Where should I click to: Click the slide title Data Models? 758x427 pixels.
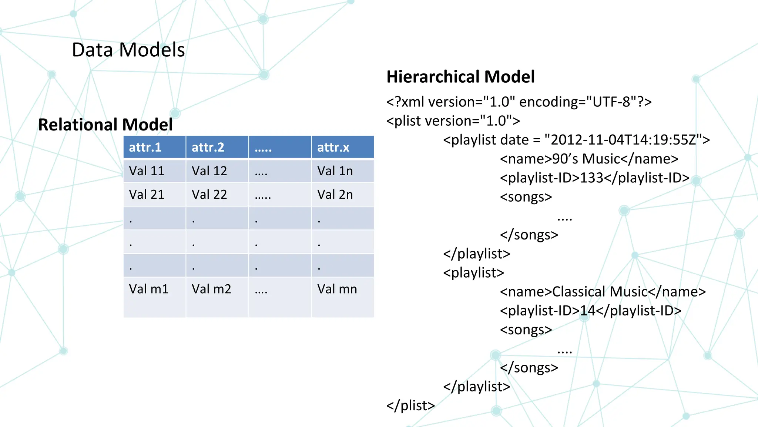pos(128,50)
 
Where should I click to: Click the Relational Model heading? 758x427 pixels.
pos(105,125)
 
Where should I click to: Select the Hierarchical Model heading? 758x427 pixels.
pos(460,77)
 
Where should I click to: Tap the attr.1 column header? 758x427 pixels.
pos(145,148)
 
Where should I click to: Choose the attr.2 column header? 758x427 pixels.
pos(208,148)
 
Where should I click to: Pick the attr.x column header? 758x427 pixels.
pos(333,148)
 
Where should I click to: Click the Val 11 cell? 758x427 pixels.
pos(147,171)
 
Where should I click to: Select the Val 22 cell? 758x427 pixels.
pos(209,195)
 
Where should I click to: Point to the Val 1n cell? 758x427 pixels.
pos(335,171)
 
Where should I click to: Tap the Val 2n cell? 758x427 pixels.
pos(335,195)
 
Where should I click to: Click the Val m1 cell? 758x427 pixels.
pos(148,289)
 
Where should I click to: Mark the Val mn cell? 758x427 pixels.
pos(337,289)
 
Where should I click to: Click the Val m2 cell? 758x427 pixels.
pos(211,289)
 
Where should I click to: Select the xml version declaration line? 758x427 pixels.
pos(519,102)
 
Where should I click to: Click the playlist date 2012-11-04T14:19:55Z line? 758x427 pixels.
pos(576,140)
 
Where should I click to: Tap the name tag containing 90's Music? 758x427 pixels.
pos(589,159)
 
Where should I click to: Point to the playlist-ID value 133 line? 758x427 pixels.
pos(594,178)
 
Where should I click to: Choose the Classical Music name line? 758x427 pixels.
pos(603,292)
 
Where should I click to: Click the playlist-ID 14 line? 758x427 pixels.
pos(590,311)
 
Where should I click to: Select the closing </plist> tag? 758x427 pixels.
pos(410,406)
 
